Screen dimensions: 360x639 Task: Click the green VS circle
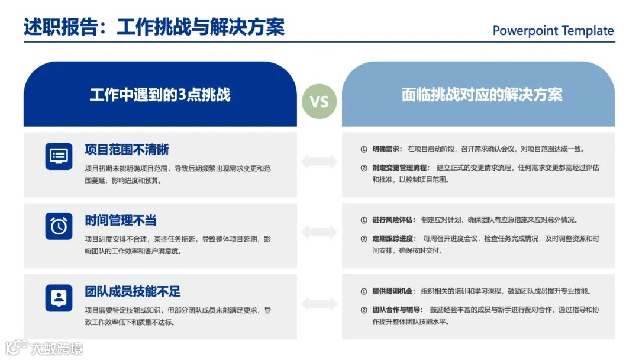[319, 101]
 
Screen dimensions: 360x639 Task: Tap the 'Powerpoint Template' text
[553, 31]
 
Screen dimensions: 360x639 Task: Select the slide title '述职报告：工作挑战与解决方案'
[154, 27]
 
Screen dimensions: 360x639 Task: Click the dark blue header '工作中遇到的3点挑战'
[160, 95]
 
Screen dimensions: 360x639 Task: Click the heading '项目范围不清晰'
[127, 150]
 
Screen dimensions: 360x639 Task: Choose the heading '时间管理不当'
[121, 221]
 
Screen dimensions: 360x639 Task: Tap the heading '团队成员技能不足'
[133, 292]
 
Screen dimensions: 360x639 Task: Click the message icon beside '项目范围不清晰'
[59, 156]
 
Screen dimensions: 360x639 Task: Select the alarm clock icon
[59, 226]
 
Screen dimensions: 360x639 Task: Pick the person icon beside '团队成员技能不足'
[59, 297]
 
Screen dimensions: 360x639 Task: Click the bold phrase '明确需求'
[387, 149]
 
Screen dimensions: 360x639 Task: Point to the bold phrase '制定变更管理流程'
[400, 168]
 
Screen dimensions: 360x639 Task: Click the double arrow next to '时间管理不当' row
[319, 232]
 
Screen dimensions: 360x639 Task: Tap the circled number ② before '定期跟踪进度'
[364, 239]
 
